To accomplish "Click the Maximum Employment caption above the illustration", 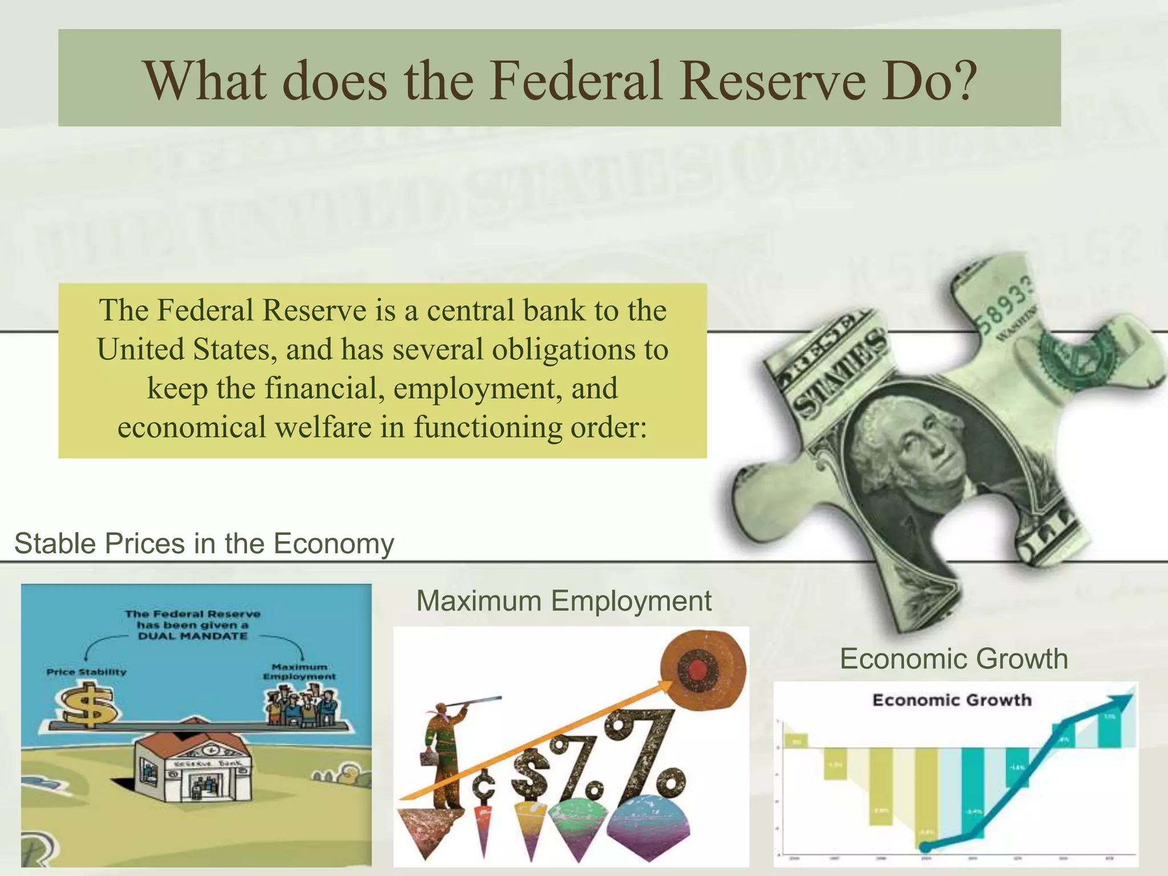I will [563, 601].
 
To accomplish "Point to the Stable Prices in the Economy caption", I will [204, 543].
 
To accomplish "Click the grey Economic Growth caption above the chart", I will [954, 659].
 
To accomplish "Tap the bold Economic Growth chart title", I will [952, 700].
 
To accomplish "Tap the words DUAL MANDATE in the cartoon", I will [193, 635].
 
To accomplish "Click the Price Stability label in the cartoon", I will [86, 672].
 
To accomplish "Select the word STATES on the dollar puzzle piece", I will [838, 376].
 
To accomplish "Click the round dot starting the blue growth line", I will [926, 846].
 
